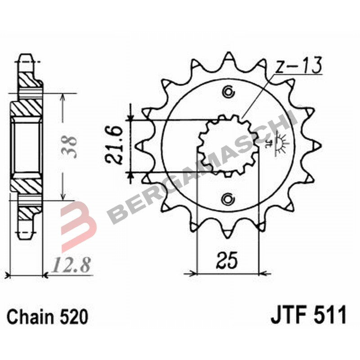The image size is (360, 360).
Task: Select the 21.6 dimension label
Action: click(114, 145)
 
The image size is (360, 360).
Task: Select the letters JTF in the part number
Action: click(288, 315)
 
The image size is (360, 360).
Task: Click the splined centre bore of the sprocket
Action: click(229, 145)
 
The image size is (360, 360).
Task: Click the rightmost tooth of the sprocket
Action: click(318, 145)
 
